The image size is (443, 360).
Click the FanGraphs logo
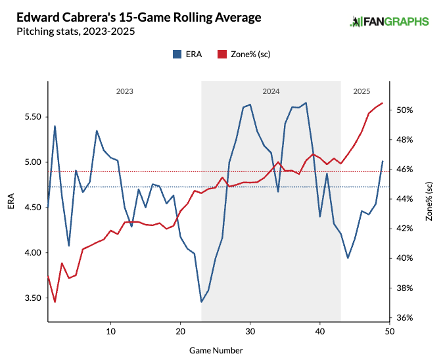tap(388, 22)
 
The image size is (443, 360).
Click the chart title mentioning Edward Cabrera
tap(139, 17)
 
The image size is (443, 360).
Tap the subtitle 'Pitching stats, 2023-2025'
tap(77, 31)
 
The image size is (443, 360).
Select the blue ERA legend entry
tap(187, 55)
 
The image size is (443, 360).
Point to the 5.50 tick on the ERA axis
tap(32, 117)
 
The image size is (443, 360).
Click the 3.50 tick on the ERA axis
tap(32, 298)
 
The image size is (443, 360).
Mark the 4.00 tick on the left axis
tap(32, 253)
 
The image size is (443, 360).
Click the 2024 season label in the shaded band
tap(271, 91)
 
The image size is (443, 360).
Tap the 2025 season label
tap(361, 91)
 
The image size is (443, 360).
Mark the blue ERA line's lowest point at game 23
tap(201, 302)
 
